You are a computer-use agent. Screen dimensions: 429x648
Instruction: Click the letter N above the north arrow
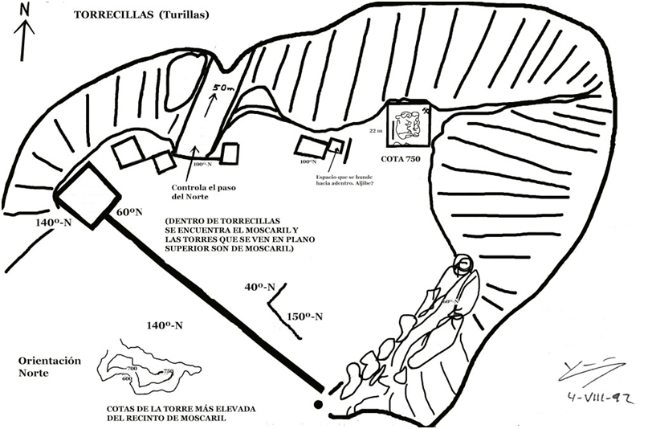[x=26, y=9]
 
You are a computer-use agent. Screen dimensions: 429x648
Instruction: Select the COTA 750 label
[x=410, y=158]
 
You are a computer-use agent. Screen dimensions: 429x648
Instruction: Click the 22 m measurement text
[x=375, y=129]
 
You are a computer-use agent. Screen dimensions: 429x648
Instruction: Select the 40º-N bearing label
[x=260, y=287]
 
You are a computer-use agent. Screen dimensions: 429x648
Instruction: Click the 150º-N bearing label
[x=305, y=317]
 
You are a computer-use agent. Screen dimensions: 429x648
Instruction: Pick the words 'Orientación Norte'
[x=50, y=367]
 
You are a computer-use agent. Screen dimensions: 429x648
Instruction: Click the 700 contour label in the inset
[x=132, y=368]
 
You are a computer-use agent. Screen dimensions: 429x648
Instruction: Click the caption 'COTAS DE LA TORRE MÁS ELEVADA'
[x=181, y=409]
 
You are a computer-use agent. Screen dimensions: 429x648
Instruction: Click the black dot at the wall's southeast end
[x=318, y=404]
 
